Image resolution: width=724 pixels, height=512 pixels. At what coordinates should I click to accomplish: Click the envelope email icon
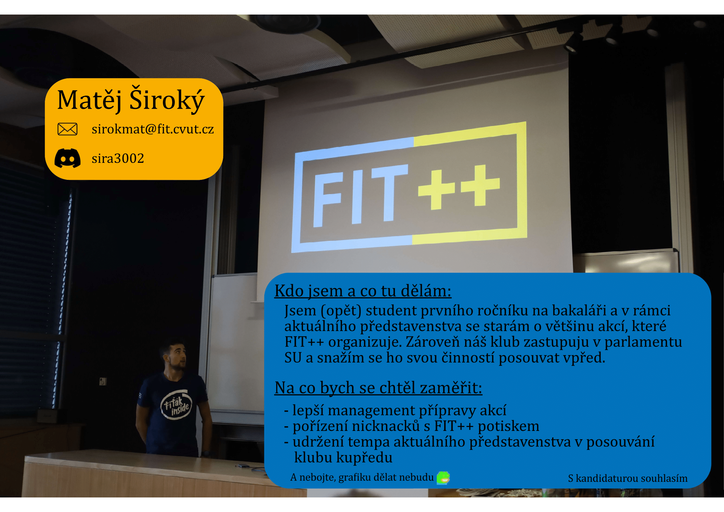point(67,129)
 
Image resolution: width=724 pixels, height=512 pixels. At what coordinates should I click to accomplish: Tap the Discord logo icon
point(67,158)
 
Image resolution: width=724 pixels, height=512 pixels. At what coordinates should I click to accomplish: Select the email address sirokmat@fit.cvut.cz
point(153,129)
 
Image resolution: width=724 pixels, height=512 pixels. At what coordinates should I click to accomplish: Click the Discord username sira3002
point(118,158)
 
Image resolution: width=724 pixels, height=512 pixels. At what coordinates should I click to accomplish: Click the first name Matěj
point(89,100)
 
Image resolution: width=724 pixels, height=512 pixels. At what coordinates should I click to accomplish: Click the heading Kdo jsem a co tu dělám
point(363,291)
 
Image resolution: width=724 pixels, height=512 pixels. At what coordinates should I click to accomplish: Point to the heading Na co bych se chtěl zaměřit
point(378,388)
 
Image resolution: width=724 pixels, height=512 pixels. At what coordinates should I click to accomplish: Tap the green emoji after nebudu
point(443,478)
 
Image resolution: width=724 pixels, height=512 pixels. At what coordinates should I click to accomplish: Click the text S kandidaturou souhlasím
point(627,478)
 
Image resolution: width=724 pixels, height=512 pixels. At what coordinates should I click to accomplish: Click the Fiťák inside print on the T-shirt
point(176,405)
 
